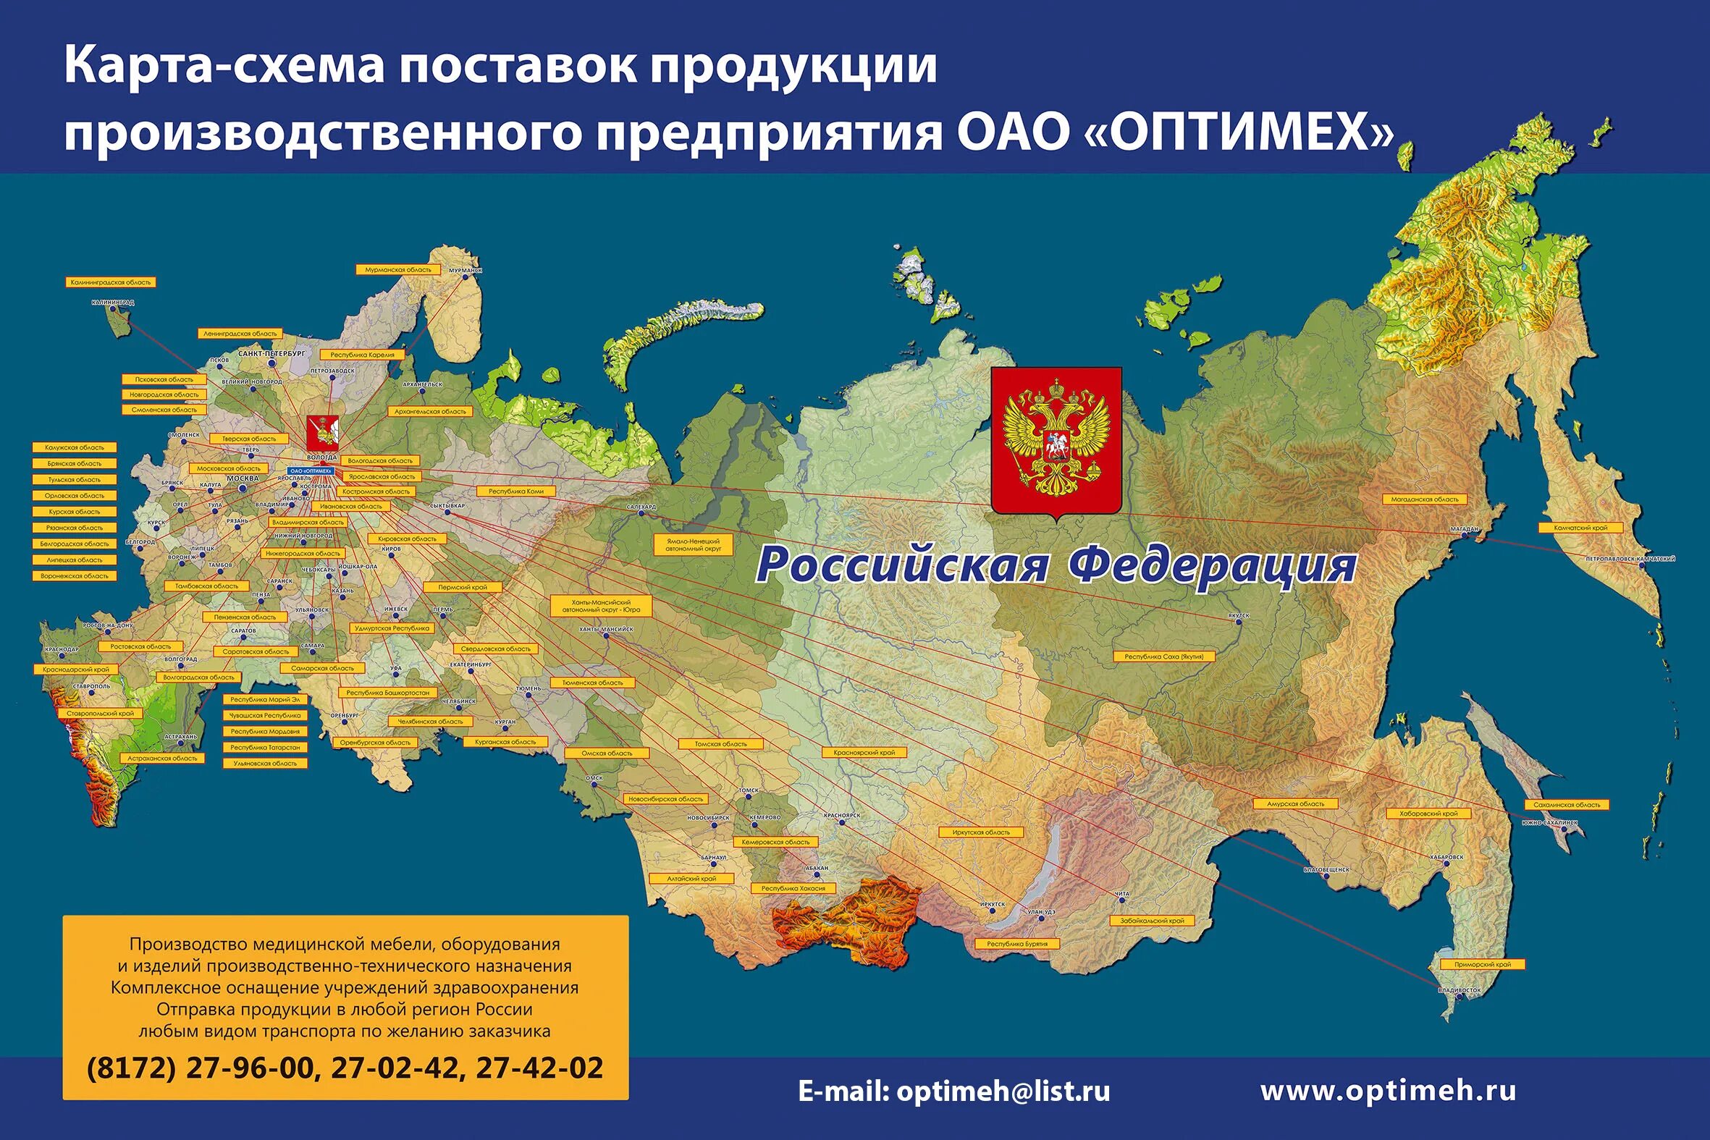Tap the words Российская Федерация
1056,565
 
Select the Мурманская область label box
397,270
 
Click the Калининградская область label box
111,282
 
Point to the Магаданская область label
1424,499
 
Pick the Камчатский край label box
1580,528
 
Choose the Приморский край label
1483,965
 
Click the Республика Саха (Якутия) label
1163,656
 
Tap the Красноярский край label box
864,753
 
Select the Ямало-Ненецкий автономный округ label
693,545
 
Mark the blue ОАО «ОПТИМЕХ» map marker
311,471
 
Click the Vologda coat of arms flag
321,434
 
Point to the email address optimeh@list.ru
954,1092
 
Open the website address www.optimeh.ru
1388,1091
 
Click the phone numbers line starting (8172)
345,1068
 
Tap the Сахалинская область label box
1567,805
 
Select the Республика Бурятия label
1016,944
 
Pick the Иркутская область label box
981,832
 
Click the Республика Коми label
515,491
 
